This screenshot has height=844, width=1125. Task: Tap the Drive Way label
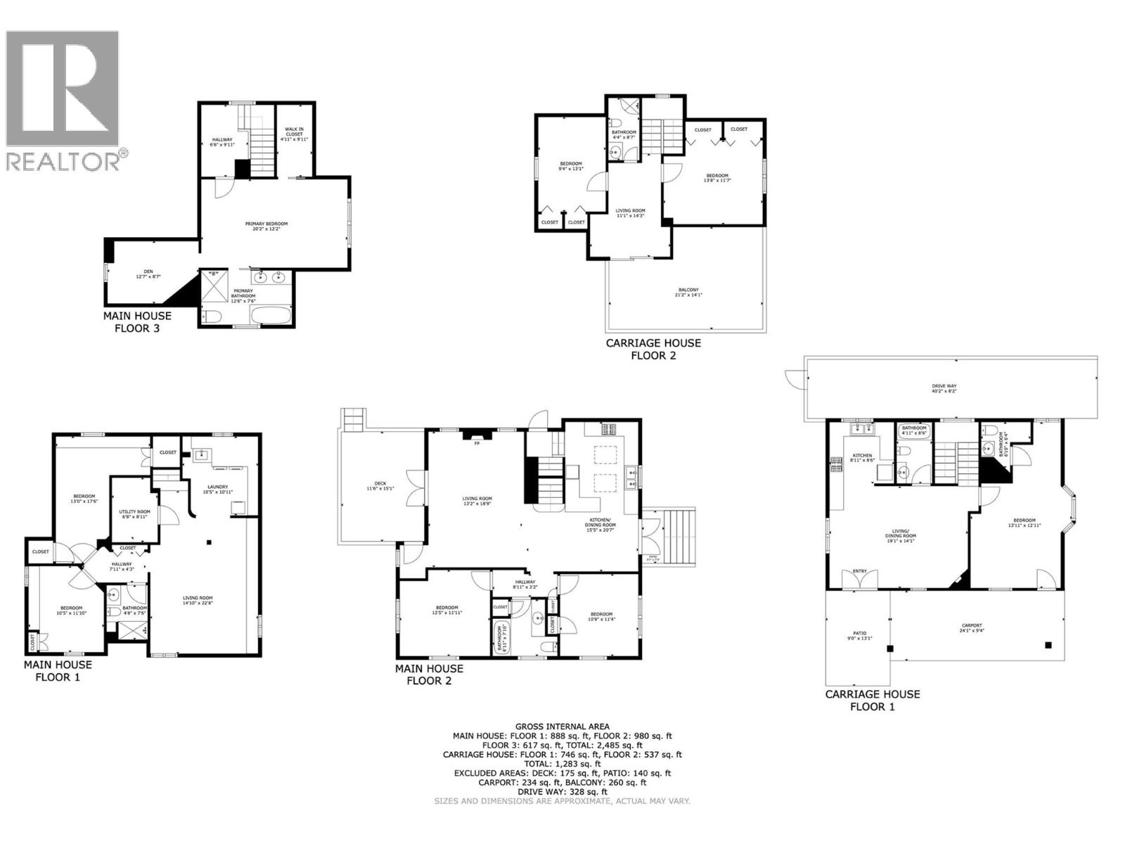tap(944, 388)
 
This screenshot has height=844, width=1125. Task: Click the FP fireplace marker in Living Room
tap(477, 444)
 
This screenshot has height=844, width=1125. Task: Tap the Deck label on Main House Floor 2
tap(380, 485)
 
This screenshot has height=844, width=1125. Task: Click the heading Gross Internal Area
tap(562, 727)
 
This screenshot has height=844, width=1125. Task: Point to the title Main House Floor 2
tap(429, 674)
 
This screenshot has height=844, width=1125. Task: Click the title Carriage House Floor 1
tap(872, 700)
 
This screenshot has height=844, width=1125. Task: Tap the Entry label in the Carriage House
tap(860, 572)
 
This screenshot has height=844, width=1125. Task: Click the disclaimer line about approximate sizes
tap(562, 801)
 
